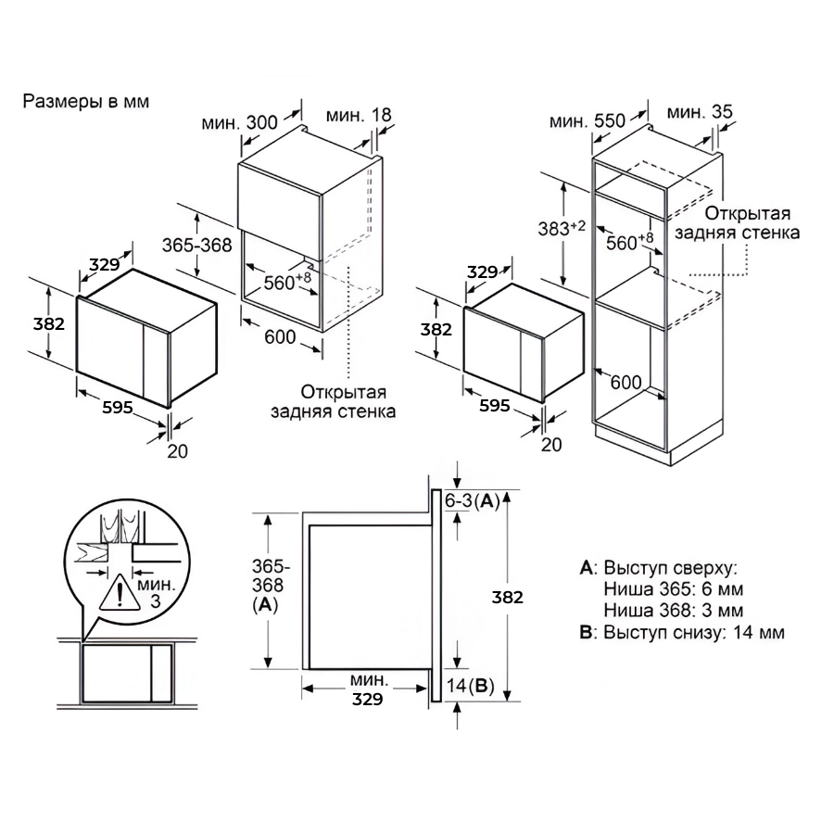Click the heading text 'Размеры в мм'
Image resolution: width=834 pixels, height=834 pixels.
pyautogui.click(x=85, y=101)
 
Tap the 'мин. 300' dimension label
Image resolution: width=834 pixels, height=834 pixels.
pyautogui.click(x=239, y=122)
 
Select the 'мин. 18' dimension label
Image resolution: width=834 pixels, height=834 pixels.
pyautogui.click(x=359, y=115)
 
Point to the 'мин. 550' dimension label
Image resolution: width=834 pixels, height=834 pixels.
pyautogui.click(x=588, y=121)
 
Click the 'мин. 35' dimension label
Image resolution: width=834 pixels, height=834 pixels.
pyautogui.click(x=700, y=112)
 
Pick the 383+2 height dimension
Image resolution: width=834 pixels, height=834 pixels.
pyautogui.click(x=562, y=228)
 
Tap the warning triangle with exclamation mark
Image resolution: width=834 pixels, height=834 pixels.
pyautogui.click(x=120, y=594)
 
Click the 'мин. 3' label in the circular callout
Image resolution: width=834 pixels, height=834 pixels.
pyautogui.click(x=156, y=593)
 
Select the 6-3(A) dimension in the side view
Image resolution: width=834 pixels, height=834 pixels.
pyautogui.click(x=473, y=500)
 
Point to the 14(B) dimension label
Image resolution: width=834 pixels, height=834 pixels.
pyautogui.click(x=470, y=686)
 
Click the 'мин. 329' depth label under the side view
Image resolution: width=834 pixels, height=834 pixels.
pyautogui.click(x=368, y=689)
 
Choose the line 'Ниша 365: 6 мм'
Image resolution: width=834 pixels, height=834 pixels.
pyautogui.click(x=674, y=589)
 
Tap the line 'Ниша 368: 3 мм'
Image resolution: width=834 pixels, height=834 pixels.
pyautogui.click(x=674, y=610)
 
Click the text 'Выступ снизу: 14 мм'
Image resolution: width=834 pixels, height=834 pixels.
pyautogui.click(x=693, y=632)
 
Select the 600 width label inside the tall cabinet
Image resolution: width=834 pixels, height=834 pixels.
pyautogui.click(x=625, y=382)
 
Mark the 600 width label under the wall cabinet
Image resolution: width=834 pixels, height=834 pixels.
pyautogui.click(x=280, y=336)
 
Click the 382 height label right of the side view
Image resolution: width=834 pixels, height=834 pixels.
pyautogui.click(x=508, y=598)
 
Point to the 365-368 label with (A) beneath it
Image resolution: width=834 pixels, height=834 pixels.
pyautogui.click(x=268, y=585)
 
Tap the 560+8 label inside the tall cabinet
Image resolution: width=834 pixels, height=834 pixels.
pyautogui.click(x=630, y=242)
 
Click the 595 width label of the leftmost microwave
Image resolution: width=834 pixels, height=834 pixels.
pyautogui.click(x=118, y=408)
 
